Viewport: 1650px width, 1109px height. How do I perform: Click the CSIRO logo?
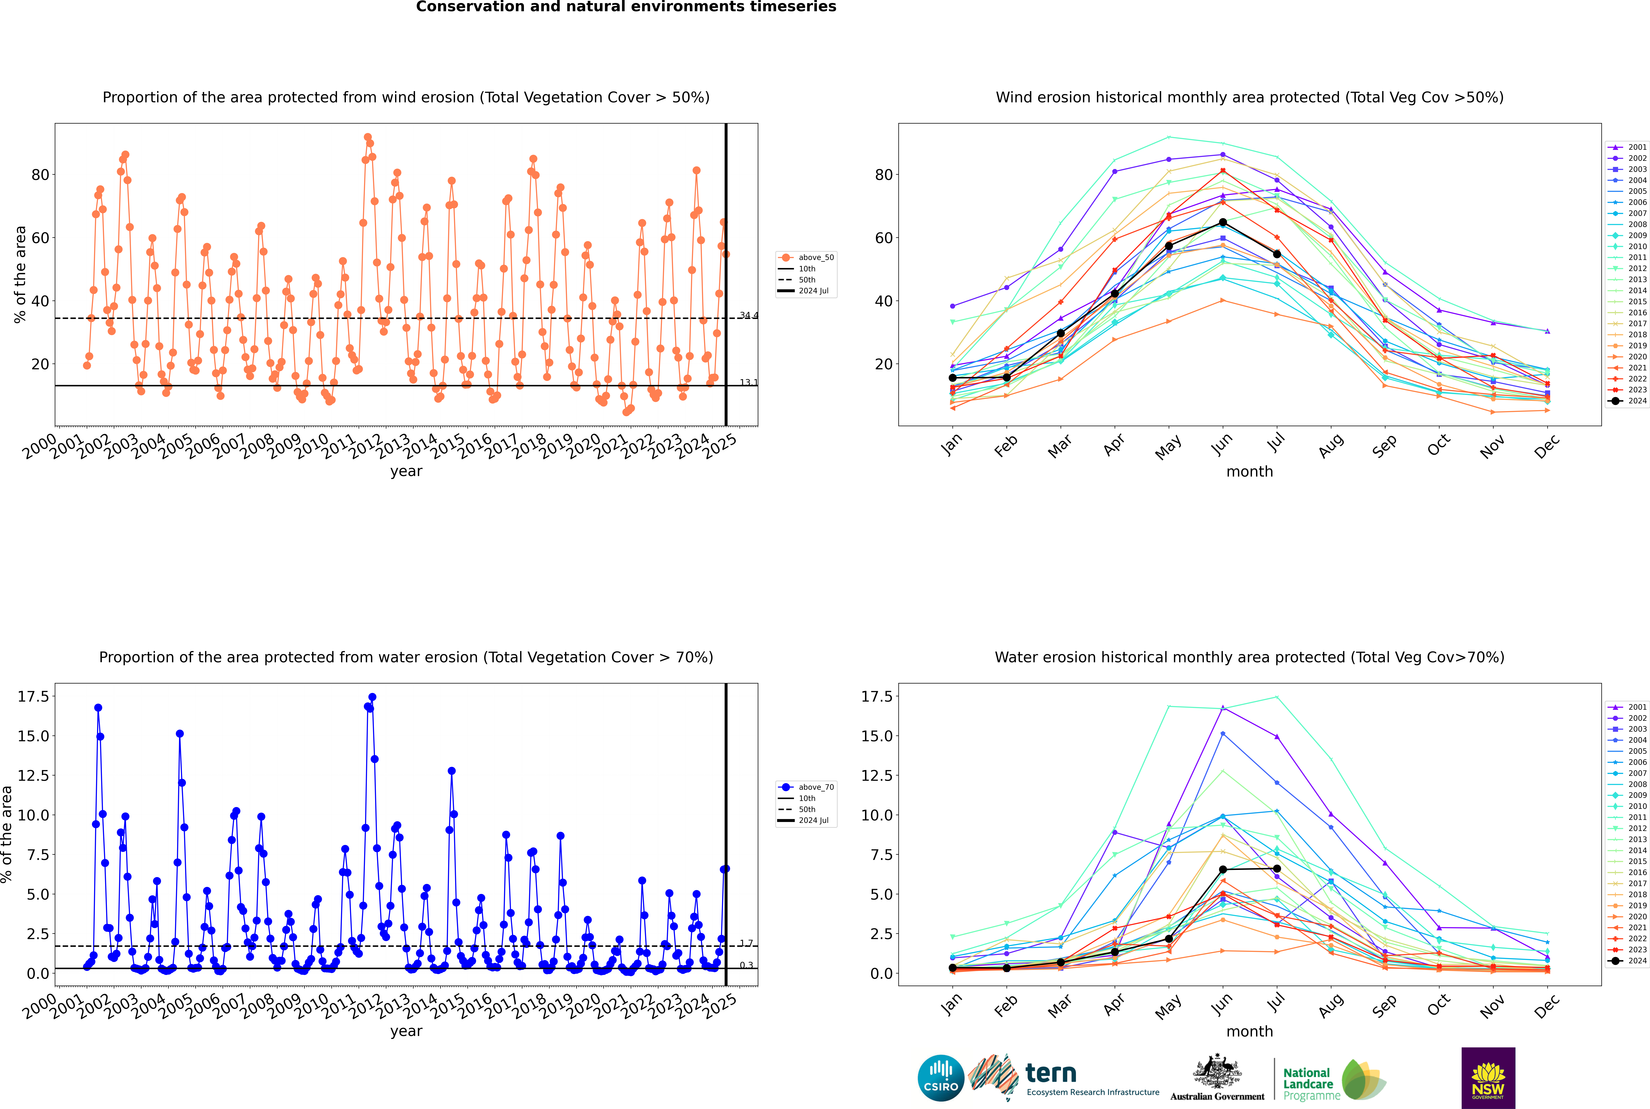(x=941, y=1078)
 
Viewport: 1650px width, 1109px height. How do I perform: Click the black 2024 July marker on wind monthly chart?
(x=1277, y=254)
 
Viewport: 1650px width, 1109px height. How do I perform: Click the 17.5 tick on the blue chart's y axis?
(x=33, y=697)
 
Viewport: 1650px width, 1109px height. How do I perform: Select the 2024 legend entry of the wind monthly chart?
(x=1627, y=401)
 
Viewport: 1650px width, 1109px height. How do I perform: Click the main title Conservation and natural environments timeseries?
(x=626, y=7)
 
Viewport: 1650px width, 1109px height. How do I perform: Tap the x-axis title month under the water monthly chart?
(x=1250, y=1031)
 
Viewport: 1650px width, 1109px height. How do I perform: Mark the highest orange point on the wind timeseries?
(x=367, y=137)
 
